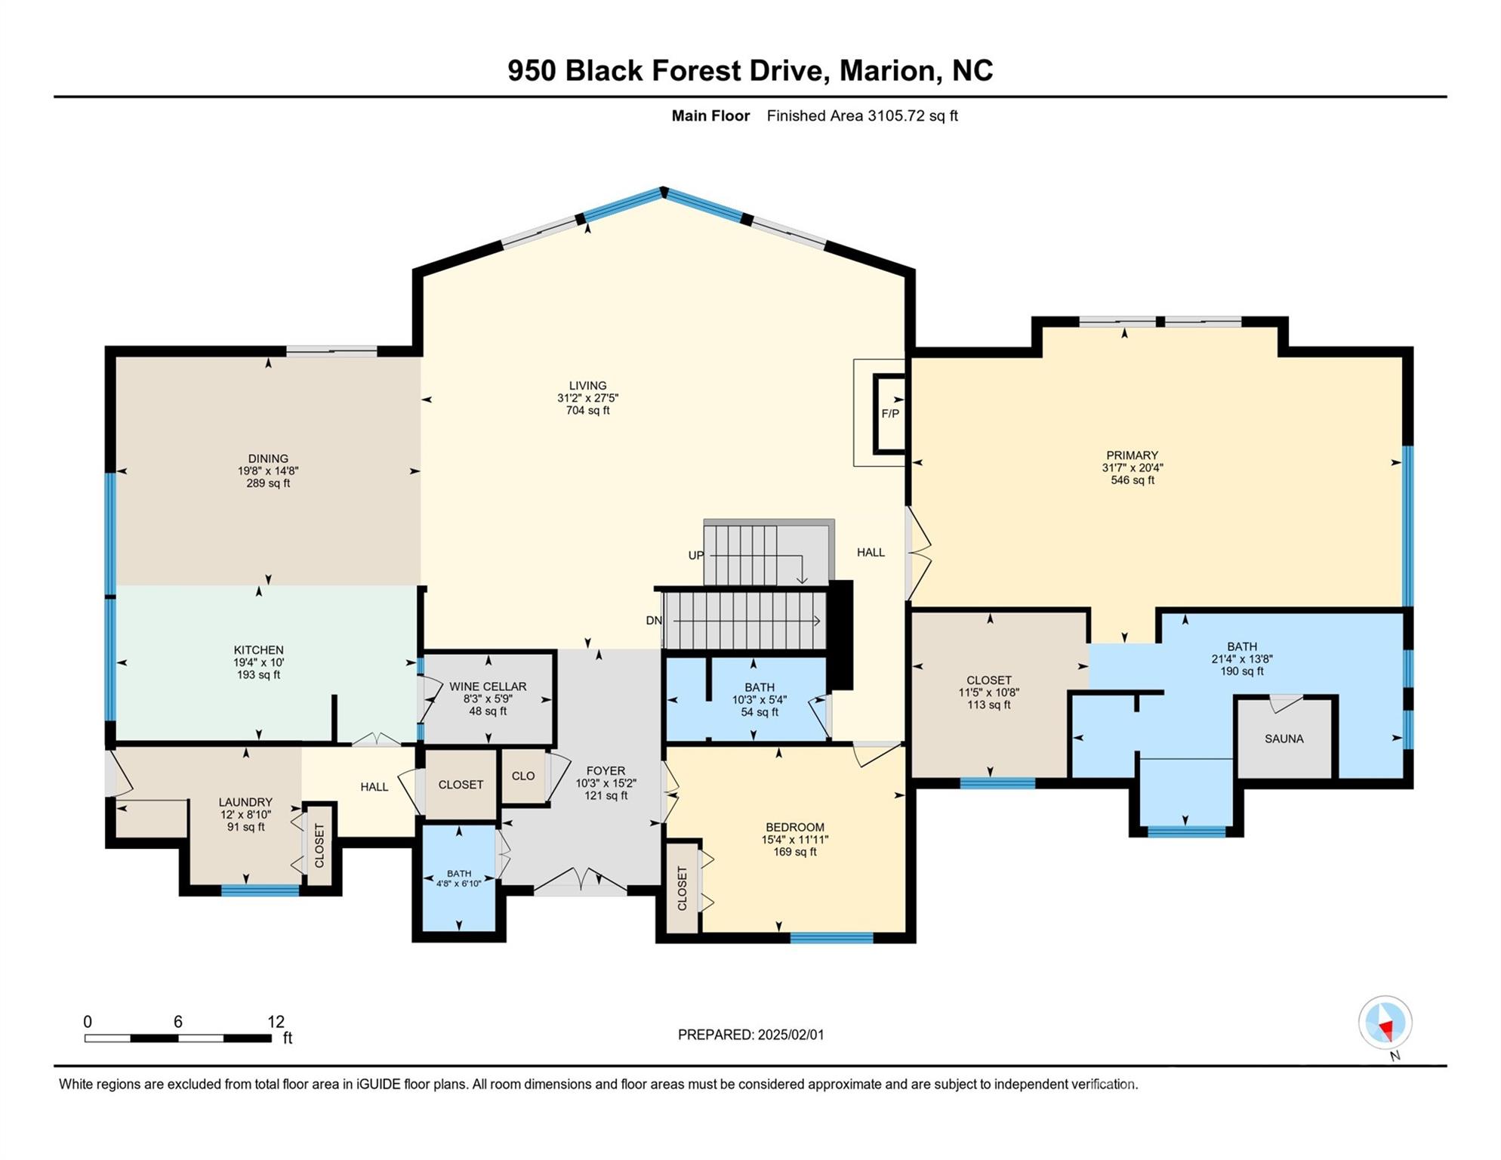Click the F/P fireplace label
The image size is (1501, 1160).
pyautogui.click(x=890, y=414)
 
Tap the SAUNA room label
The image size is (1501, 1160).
pyautogui.click(x=1284, y=739)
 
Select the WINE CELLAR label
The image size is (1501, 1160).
pyautogui.click(x=488, y=686)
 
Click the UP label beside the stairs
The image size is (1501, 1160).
pyautogui.click(x=695, y=555)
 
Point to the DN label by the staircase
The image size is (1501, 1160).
pyautogui.click(x=654, y=621)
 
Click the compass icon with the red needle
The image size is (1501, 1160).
pyautogui.click(x=1385, y=1023)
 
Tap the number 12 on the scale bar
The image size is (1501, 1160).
pyautogui.click(x=276, y=1022)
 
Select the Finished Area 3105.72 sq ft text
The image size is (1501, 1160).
pyautogui.click(x=861, y=116)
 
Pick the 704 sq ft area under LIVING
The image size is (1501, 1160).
pyautogui.click(x=587, y=411)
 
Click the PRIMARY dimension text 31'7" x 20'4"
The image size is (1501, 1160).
pyautogui.click(x=1132, y=467)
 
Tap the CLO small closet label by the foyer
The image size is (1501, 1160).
pyautogui.click(x=522, y=776)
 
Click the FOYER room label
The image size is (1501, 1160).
pyautogui.click(x=605, y=771)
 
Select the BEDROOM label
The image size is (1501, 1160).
pyautogui.click(x=794, y=827)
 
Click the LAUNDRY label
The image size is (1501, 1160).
pyautogui.click(x=245, y=802)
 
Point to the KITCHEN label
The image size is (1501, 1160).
pyautogui.click(x=258, y=649)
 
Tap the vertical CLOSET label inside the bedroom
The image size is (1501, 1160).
pyautogui.click(x=683, y=888)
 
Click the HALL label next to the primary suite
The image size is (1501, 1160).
pyautogui.click(x=870, y=552)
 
